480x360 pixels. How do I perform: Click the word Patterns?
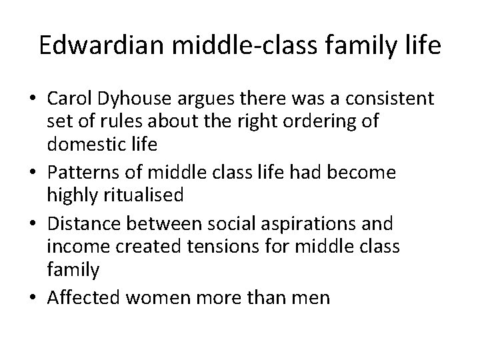coord(78,173)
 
